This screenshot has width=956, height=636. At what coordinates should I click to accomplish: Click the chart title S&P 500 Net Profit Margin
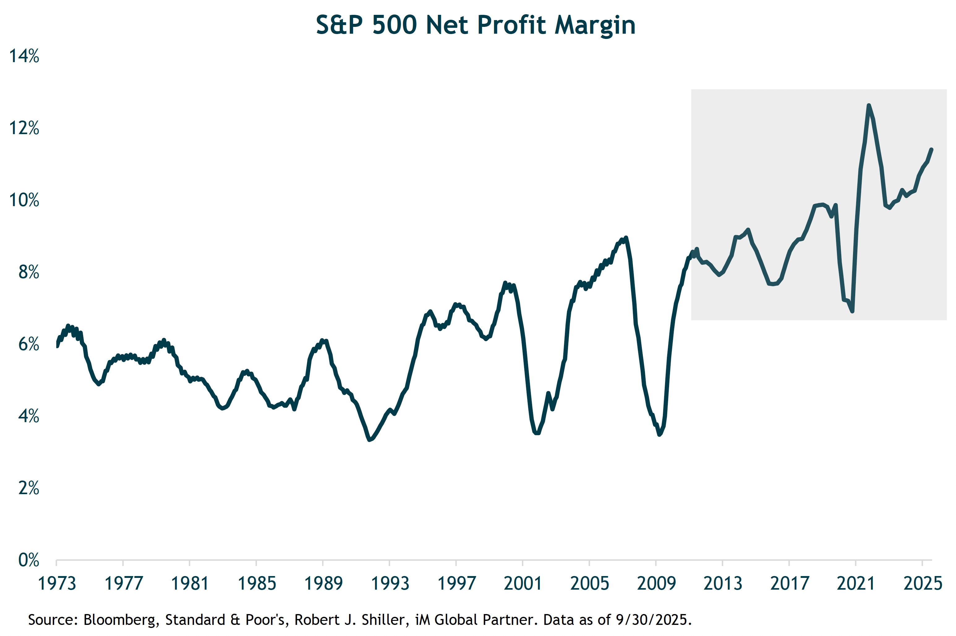475,25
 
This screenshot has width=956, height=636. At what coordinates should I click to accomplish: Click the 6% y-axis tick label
28,344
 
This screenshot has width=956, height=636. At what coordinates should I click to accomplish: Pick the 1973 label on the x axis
57,583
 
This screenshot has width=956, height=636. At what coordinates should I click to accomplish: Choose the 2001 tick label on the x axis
523,583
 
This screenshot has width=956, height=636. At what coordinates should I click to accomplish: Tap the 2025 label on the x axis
922,583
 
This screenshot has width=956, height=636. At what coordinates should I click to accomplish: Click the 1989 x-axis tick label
323,583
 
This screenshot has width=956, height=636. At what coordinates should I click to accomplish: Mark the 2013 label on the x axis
723,583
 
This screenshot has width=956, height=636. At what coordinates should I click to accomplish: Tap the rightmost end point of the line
932,149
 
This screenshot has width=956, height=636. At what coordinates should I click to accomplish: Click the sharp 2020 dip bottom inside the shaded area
852,311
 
